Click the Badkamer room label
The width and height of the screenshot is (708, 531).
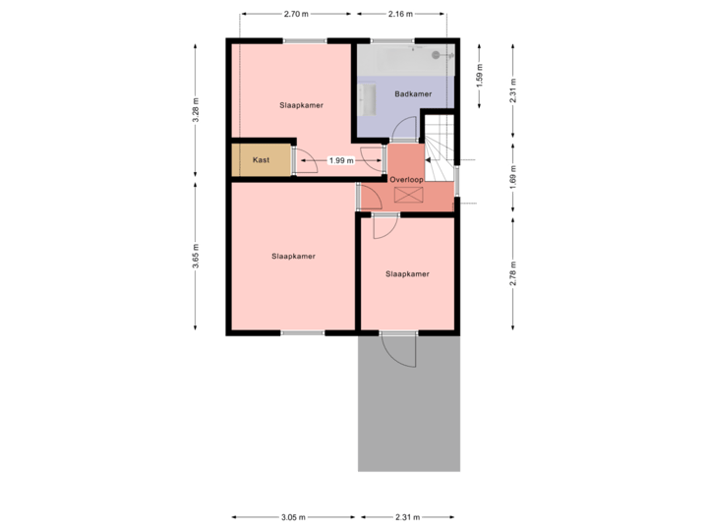click(x=413, y=94)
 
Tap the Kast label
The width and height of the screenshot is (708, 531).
click(x=261, y=160)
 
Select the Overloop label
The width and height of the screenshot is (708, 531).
click(x=405, y=181)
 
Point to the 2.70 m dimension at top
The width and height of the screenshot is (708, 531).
click(x=295, y=15)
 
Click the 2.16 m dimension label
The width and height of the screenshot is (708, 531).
click(x=401, y=15)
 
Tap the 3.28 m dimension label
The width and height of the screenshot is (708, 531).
click(x=196, y=109)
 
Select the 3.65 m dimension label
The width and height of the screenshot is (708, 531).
click(x=196, y=255)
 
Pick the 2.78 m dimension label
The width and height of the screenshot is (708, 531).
click(x=513, y=273)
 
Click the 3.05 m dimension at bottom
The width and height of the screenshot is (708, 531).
click(x=292, y=516)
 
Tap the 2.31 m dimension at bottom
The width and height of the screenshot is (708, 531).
click(x=407, y=516)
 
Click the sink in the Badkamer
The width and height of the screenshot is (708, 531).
click(x=368, y=98)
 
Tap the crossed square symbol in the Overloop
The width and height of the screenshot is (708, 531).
click(x=407, y=194)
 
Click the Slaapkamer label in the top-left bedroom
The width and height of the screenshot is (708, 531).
click(x=301, y=104)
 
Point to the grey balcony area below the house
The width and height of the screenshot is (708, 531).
click(x=408, y=413)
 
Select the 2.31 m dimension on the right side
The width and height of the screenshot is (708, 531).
click(x=513, y=90)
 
